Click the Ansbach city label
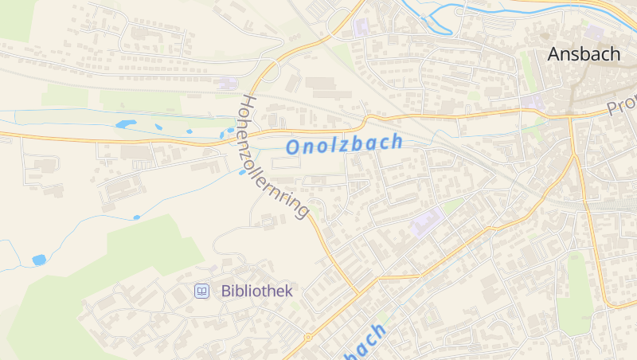click(584, 54)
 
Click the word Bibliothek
click(257, 292)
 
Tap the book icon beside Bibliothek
click(202, 292)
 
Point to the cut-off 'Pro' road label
click(622, 106)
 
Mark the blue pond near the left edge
click(39, 260)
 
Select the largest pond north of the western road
click(126, 124)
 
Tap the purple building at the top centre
click(361, 25)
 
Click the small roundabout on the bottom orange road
click(308, 337)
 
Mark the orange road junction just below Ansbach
click(571, 119)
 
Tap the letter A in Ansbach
click(554, 54)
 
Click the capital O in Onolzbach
click(294, 147)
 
